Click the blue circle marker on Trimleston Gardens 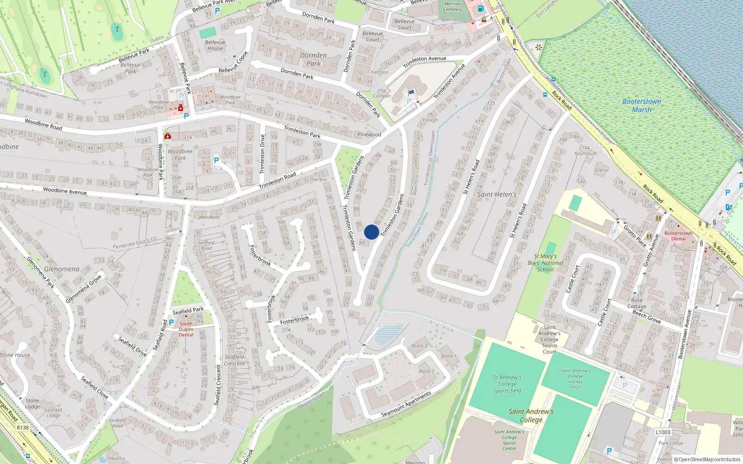pyautogui.click(x=371, y=232)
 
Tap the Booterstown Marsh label pyautogui.click(x=642, y=106)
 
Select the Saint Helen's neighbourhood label pyautogui.click(x=496, y=194)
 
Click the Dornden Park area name pyautogui.click(x=313, y=59)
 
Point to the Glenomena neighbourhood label pyautogui.click(x=62, y=269)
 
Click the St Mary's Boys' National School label pyautogui.click(x=546, y=263)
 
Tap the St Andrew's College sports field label pyautogui.click(x=507, y=384)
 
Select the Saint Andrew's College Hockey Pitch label pyautogui.click(x=575, y=379)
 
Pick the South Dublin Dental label pyautogui.click(x=186, y=329)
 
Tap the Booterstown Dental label pyautogui.click(x=678, y=236)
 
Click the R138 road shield pyautogui.click(x=22, y=428)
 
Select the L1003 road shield pyautogui.click(x=663, y=432)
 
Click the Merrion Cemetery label pyautogui.click(x=452, y=6)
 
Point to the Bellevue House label pyautogui.click(x=215, y=45)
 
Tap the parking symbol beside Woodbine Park pyautogui.click(x=216, y=161)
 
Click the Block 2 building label pyautogui.click(x=419, y=346)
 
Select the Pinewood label pyautogui.click(x=369, y=135)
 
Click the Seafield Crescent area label pyautogui.click(x=235, y=360)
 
